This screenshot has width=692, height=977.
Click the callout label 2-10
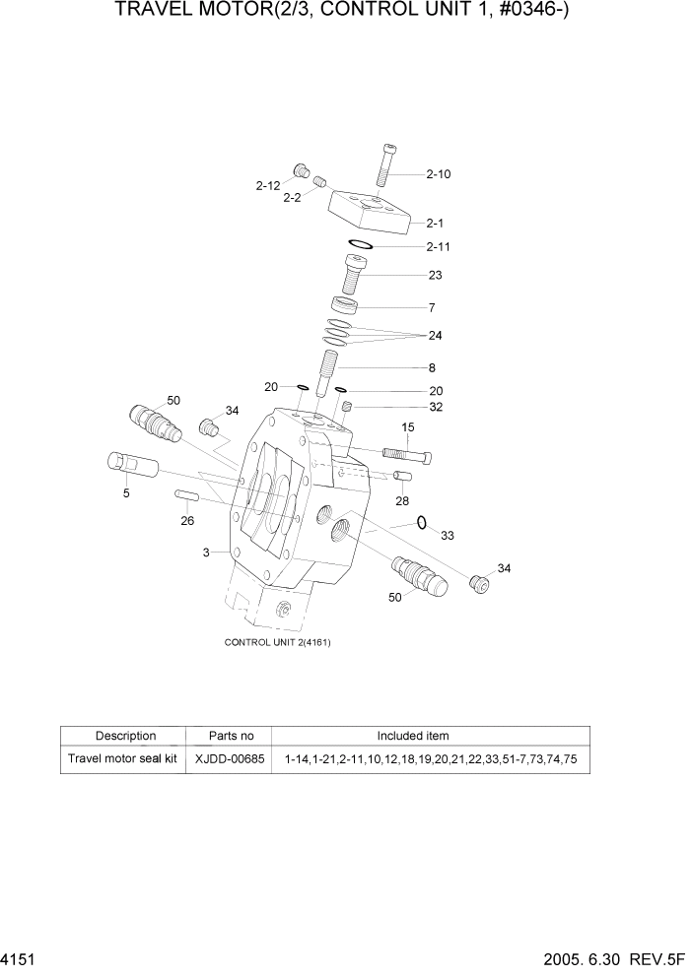(x=439, y=174)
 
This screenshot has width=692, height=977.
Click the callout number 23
(x=435, y=275)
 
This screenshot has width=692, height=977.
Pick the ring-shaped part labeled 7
(x=343, y=304)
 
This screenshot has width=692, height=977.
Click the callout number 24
(x=435, y=336)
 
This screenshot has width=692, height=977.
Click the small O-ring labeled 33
(x=421, y=522)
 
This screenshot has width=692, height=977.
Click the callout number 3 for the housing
(x=207, y=553)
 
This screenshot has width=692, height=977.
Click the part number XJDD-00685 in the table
(x=230, y=759)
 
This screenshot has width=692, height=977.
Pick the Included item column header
(x=413, y=736)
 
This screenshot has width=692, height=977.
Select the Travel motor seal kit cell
(x=122, y=759)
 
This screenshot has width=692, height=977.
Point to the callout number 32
(x=435, y=406)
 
